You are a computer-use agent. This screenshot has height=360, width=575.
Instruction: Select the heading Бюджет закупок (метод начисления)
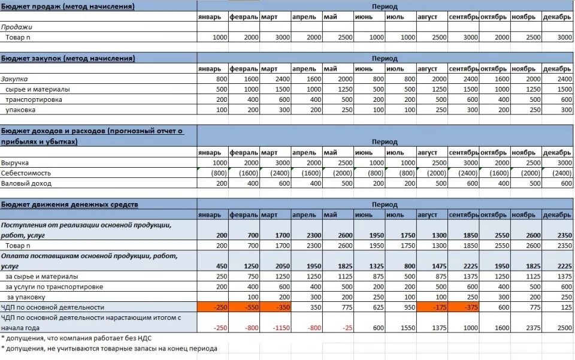point(68,59)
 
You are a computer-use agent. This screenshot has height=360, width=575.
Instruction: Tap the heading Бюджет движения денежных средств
point(69,205)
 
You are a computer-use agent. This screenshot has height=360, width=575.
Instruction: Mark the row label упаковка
point(20,110)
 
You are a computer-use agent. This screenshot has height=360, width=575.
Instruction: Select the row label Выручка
point(15,163)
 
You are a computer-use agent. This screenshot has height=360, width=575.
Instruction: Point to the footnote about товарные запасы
point(109,349)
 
